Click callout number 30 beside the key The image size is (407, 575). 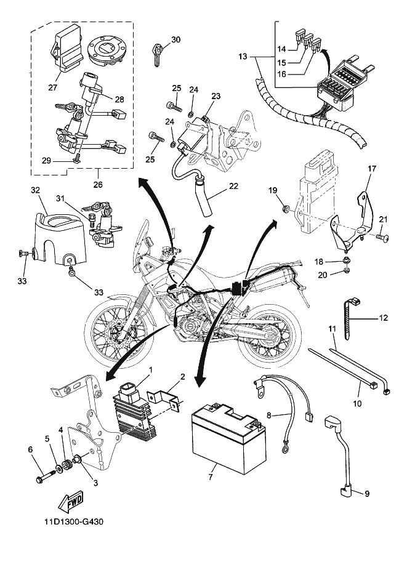(x=175, y=40)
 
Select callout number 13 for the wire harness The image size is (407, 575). (x=242, y=56)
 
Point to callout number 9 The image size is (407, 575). (x=367, y=494)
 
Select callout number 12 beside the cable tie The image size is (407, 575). (x=384, y=318)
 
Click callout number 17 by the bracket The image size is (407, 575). (x=371, y=168)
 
